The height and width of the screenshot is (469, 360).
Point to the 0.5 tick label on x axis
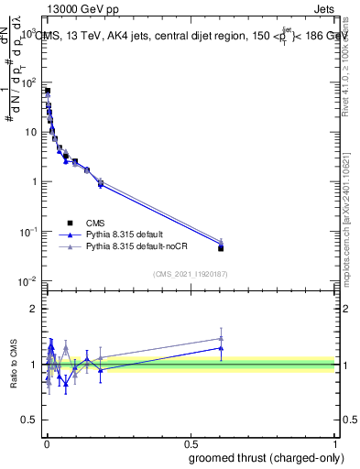coord(191,443)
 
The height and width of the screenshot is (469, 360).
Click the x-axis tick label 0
coord(46,443)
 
